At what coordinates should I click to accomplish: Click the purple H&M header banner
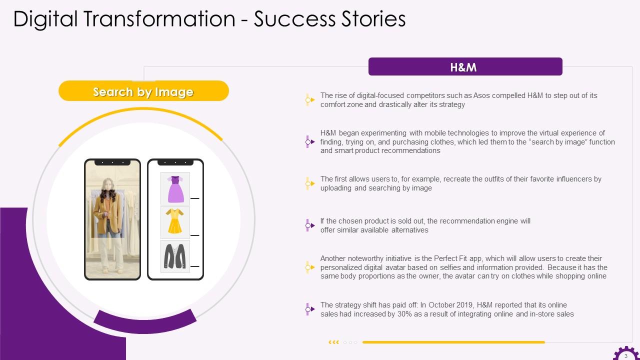[465, 66]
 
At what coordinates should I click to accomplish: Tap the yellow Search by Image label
[143, 91]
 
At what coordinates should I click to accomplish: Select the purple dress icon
[175, 189]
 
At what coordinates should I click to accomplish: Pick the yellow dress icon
[174, 221]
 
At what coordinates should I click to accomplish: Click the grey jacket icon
[174, 256]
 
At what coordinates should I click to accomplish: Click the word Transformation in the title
[159, 19]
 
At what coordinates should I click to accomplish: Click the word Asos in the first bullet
[481, 95]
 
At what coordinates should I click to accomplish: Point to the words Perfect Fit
[450, 258]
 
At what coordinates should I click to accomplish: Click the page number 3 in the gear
[625, 356]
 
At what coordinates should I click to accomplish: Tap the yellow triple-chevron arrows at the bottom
[333, 342]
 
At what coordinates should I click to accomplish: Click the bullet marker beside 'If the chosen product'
[309, 225]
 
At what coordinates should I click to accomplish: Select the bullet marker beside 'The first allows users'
[309, 183]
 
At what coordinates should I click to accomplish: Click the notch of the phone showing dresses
[175, 162]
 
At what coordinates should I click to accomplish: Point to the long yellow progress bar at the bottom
[453, 342]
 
